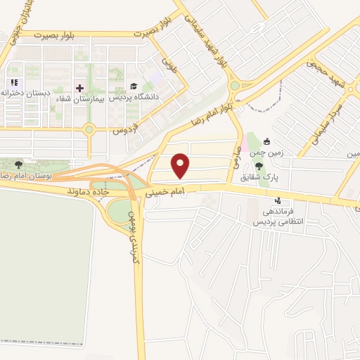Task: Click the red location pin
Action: point(182,165)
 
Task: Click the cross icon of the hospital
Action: point(79,89)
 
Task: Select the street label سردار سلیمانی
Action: point(325,124)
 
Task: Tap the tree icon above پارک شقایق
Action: point(259,167)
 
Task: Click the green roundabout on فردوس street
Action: point(89,129)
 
